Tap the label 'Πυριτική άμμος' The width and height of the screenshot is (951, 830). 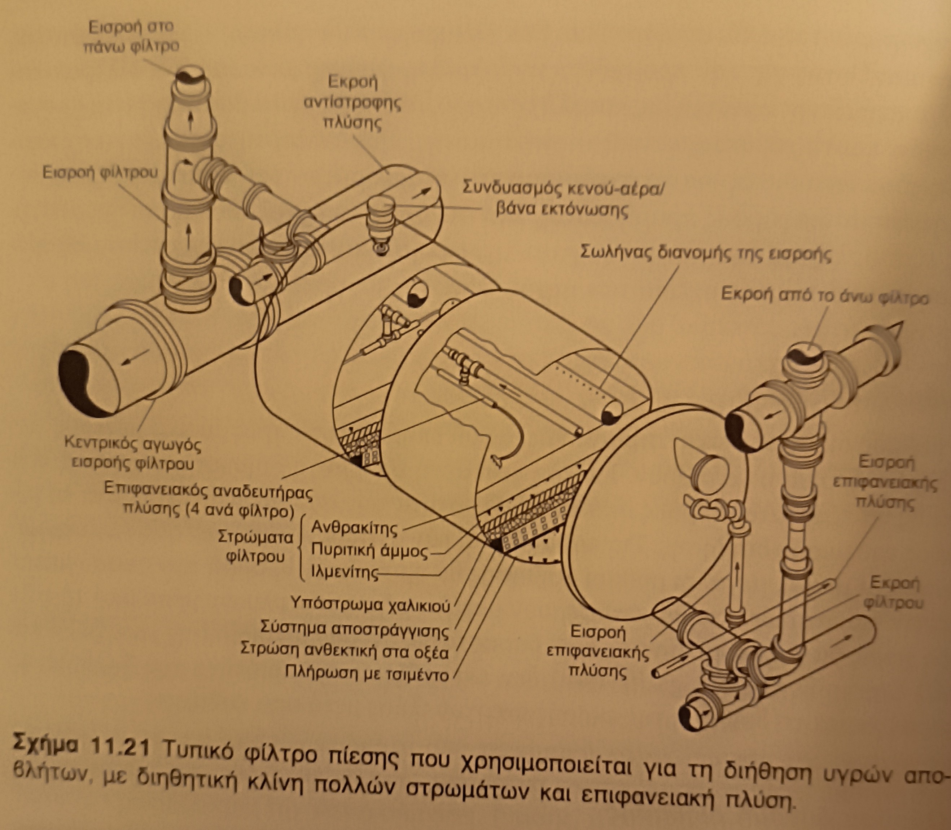(x=369, y=550)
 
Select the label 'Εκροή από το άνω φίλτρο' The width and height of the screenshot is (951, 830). (x=824, y=296)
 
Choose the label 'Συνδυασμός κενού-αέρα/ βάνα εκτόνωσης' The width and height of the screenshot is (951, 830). (x=563, y=199)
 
